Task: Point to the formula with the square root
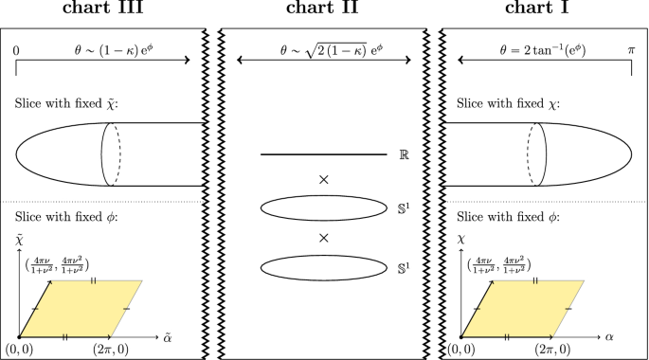pyautogui.click(x=324, y=45)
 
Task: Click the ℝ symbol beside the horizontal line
pyautogui.click(x=405, y=153)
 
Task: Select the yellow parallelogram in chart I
pyautogui.click(x=524, y=308)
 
